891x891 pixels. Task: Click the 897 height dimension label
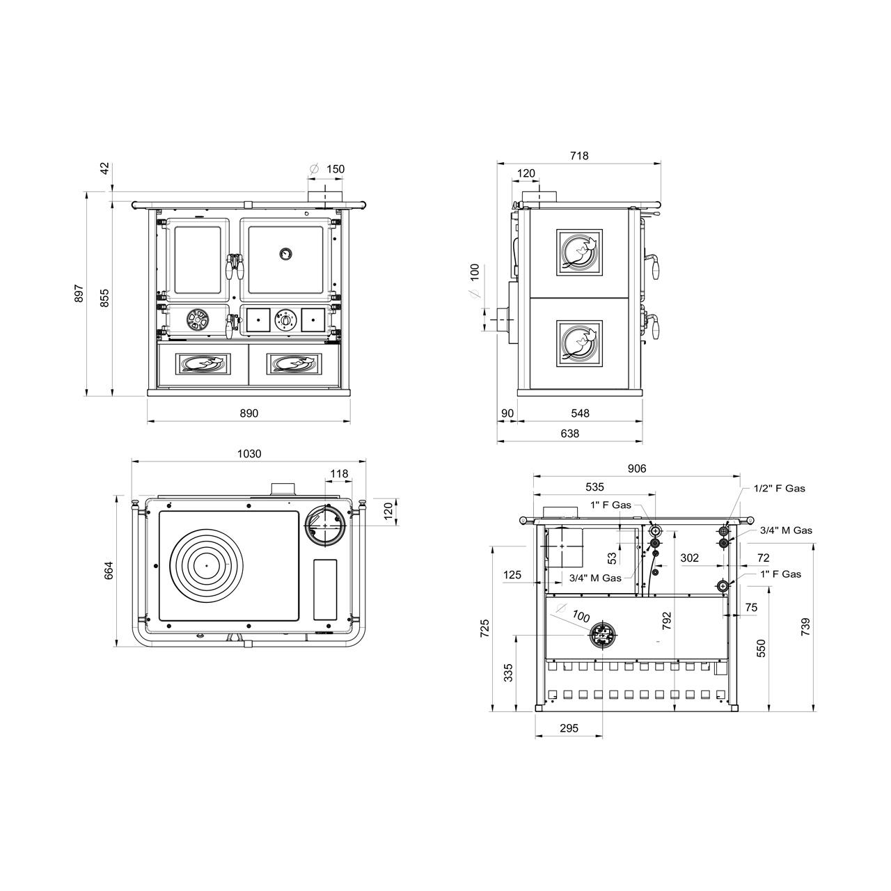coord(79,294)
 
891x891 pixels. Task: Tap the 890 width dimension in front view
coord(249,413)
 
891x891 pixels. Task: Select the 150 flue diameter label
coord(336,169)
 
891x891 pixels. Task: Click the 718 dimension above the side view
coord(579,156)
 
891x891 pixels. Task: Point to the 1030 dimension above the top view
coord(249,454)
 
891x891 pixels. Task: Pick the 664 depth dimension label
coord(109,571)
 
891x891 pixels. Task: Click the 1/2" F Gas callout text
coord(780,488)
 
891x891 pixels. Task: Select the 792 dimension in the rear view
coord(666,621)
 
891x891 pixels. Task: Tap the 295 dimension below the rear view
coord(569,728)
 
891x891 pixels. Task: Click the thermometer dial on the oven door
coord(286,253)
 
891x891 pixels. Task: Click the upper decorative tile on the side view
coord(579,252)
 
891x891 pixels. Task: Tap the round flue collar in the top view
coord(326,526)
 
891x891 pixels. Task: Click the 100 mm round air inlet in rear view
coord(603,636)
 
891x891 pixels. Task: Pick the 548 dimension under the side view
coord(580,413)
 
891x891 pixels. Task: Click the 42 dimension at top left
coord(105,168)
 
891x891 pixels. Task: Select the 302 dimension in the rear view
coord(689,558)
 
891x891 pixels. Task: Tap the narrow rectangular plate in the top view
coord(325,590)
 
